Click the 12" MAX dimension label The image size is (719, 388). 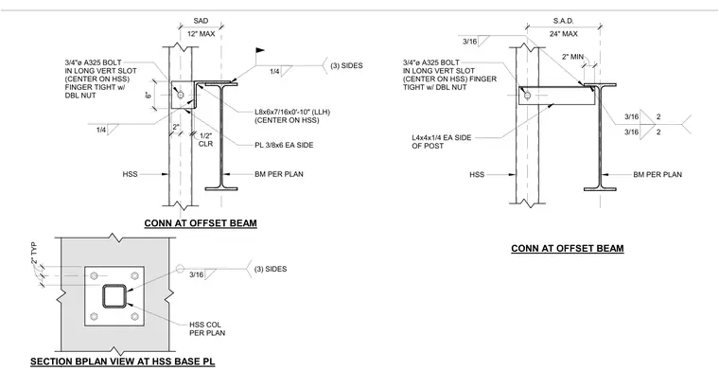click(201, 34)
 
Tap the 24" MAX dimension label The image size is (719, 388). click(564, 34)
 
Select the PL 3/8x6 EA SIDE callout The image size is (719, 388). click(284, 145)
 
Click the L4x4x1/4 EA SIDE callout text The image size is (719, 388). click(441, 142)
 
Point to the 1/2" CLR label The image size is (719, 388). click(206, 140)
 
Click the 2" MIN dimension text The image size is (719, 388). click(572, 57)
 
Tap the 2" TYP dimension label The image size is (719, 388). click(34, 254)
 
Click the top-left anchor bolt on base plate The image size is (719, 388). click(94, 275)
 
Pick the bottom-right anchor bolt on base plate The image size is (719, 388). click(134, 316)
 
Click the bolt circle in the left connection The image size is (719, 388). click(180, 95)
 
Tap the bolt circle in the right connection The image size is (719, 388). click(527, 96)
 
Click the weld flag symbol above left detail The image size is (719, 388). click(260, 50)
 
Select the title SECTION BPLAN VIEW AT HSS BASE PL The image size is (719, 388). click(122, 362)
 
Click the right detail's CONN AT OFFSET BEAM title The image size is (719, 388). click(568, 249)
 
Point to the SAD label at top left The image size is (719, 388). click(201, 21)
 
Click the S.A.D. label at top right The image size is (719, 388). click(564, 21)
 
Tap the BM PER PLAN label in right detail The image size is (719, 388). click(658, 174)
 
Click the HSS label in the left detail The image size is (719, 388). click(130, 174)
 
